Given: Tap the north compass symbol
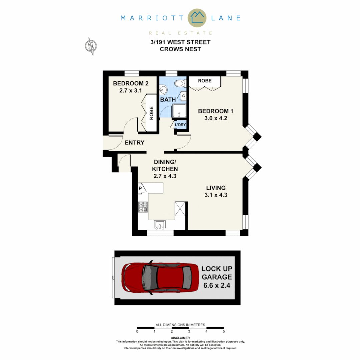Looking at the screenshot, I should click(91, 46).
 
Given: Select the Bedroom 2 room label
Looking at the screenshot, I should click(130, 83).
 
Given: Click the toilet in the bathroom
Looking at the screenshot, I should click(180, 83).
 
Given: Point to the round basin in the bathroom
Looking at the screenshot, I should click(163, 89).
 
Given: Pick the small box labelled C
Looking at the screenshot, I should click(183, 96).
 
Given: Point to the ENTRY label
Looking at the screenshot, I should click(134, 143).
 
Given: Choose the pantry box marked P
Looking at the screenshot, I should click(140, 188).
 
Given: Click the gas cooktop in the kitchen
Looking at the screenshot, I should click(143, 207).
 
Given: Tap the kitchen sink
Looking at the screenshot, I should click(161, 225).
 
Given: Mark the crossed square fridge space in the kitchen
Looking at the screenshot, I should click(180, 209).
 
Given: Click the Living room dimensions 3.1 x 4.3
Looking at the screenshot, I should click(216, 195).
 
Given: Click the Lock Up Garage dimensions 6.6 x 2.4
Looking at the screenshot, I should click(216, 286).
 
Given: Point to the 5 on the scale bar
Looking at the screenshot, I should click(224, 332).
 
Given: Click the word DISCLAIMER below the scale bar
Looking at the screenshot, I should click(180, 338).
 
